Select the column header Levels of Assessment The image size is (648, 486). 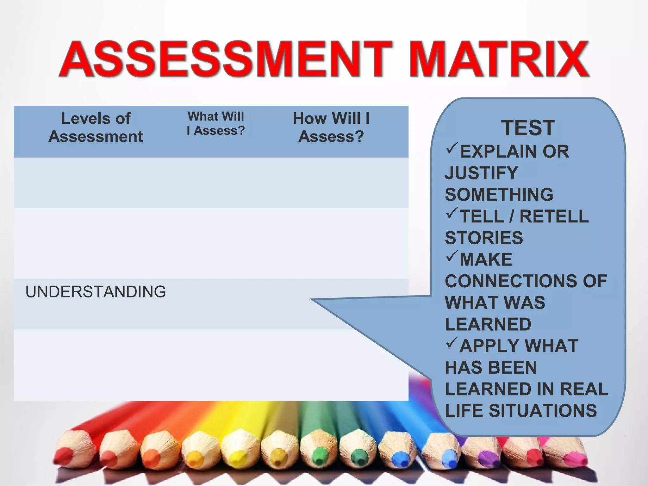96,128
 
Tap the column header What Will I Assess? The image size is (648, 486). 216,123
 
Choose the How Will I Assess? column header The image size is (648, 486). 331,128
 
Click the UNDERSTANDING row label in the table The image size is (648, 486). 96,292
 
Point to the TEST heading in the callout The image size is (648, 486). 528,128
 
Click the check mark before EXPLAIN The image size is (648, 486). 452,148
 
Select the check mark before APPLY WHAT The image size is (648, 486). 452,343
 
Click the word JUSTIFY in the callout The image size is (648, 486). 481,173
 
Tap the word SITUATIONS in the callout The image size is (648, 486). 543,411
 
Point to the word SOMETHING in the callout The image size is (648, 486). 499,195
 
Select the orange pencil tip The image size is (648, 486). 152,457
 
